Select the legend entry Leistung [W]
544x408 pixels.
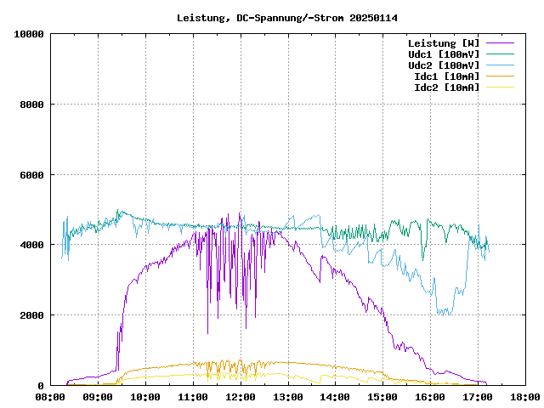pyautogui.click(x=443, y=42)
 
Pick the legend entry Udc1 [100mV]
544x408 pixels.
pyautogui.click(x=443, y=54)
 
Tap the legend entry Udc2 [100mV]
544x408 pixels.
pyautogui.click(x=443, y=65)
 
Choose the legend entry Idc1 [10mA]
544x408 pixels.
pyautogui.click(x=446, y=76)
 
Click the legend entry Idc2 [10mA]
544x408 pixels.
pyautogui.click(x=446, y=87)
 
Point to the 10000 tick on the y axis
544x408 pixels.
pyautogui.click(x=30, y=34)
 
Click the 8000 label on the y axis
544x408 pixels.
pyautogui.click(x=32, y=105)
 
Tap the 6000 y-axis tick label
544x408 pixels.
pyautogui.click(x=32, y=175)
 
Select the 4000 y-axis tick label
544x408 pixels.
pyautogui.click(x=32, y=245)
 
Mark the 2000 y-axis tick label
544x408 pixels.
pyautogui.click(x=32, y=315)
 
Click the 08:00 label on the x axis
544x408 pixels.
pyautogui.click(x=51, y=396)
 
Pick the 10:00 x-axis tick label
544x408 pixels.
pyautogui.click(x=146, y=396)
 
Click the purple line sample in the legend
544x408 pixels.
pyautogui.click(x=501, y=42)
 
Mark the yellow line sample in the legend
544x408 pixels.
pyautogui.click(x=501, y=87)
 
